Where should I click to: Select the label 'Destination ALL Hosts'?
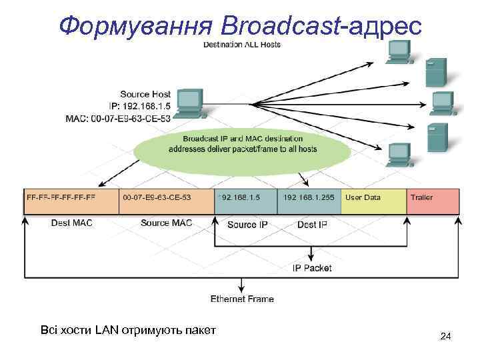pyautogui.click(x=242, y=45)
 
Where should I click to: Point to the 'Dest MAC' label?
pyautogui.click(x=71, y=223)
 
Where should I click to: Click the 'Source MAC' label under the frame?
pyautogui.click(x=166, y=223)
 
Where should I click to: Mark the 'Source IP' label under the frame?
pyautogui.click(x=247, y=225)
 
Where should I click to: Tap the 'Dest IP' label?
pyautogui.click(x=312, y=225)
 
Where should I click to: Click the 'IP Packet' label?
pyautogui.click(x=312, y=268)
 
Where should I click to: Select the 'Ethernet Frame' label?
pyautogui.click(x=242, y=299)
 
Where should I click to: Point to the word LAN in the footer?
pyautogui.click(x=105, y=329)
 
